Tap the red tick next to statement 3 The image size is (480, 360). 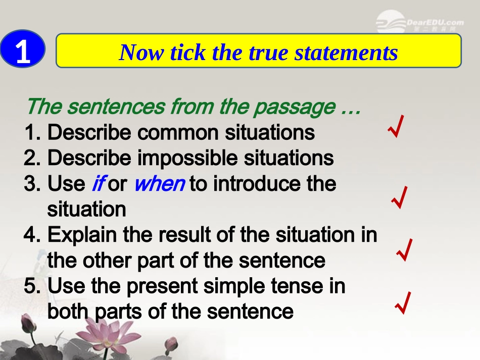(400, 197)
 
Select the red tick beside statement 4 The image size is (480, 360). (405, 250)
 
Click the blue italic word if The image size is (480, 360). (98, 184)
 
